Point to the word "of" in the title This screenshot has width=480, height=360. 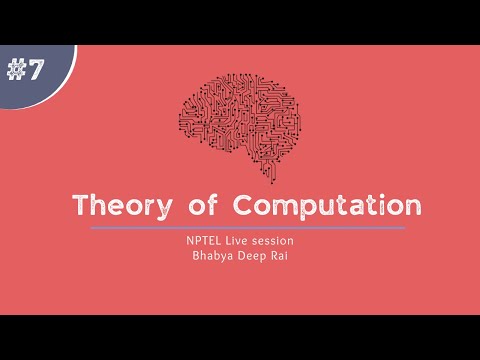(x=200, y=206)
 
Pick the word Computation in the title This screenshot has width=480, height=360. (x=326, y=207)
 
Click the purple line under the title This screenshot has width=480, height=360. (x=247, y=228)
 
